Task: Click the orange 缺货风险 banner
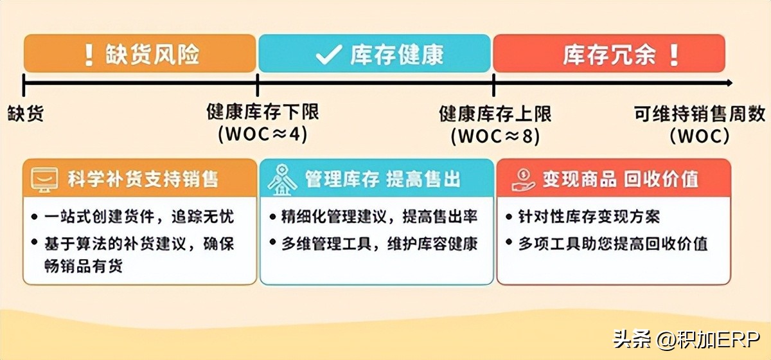(140, 53)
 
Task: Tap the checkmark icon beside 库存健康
(328, 55)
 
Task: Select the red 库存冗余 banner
(608, 53)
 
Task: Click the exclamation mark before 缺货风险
(89, 55)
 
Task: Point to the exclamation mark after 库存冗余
(673, 55)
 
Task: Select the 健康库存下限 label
(262, 112)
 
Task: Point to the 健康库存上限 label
(495, 114)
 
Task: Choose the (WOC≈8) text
(495, 136)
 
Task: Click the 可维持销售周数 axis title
(700, 114)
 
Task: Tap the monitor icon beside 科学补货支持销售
(44, 178)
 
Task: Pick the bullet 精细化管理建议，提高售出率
(379, 217)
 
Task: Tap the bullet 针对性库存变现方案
(589, 217)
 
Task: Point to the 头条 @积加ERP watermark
(687, 338)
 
